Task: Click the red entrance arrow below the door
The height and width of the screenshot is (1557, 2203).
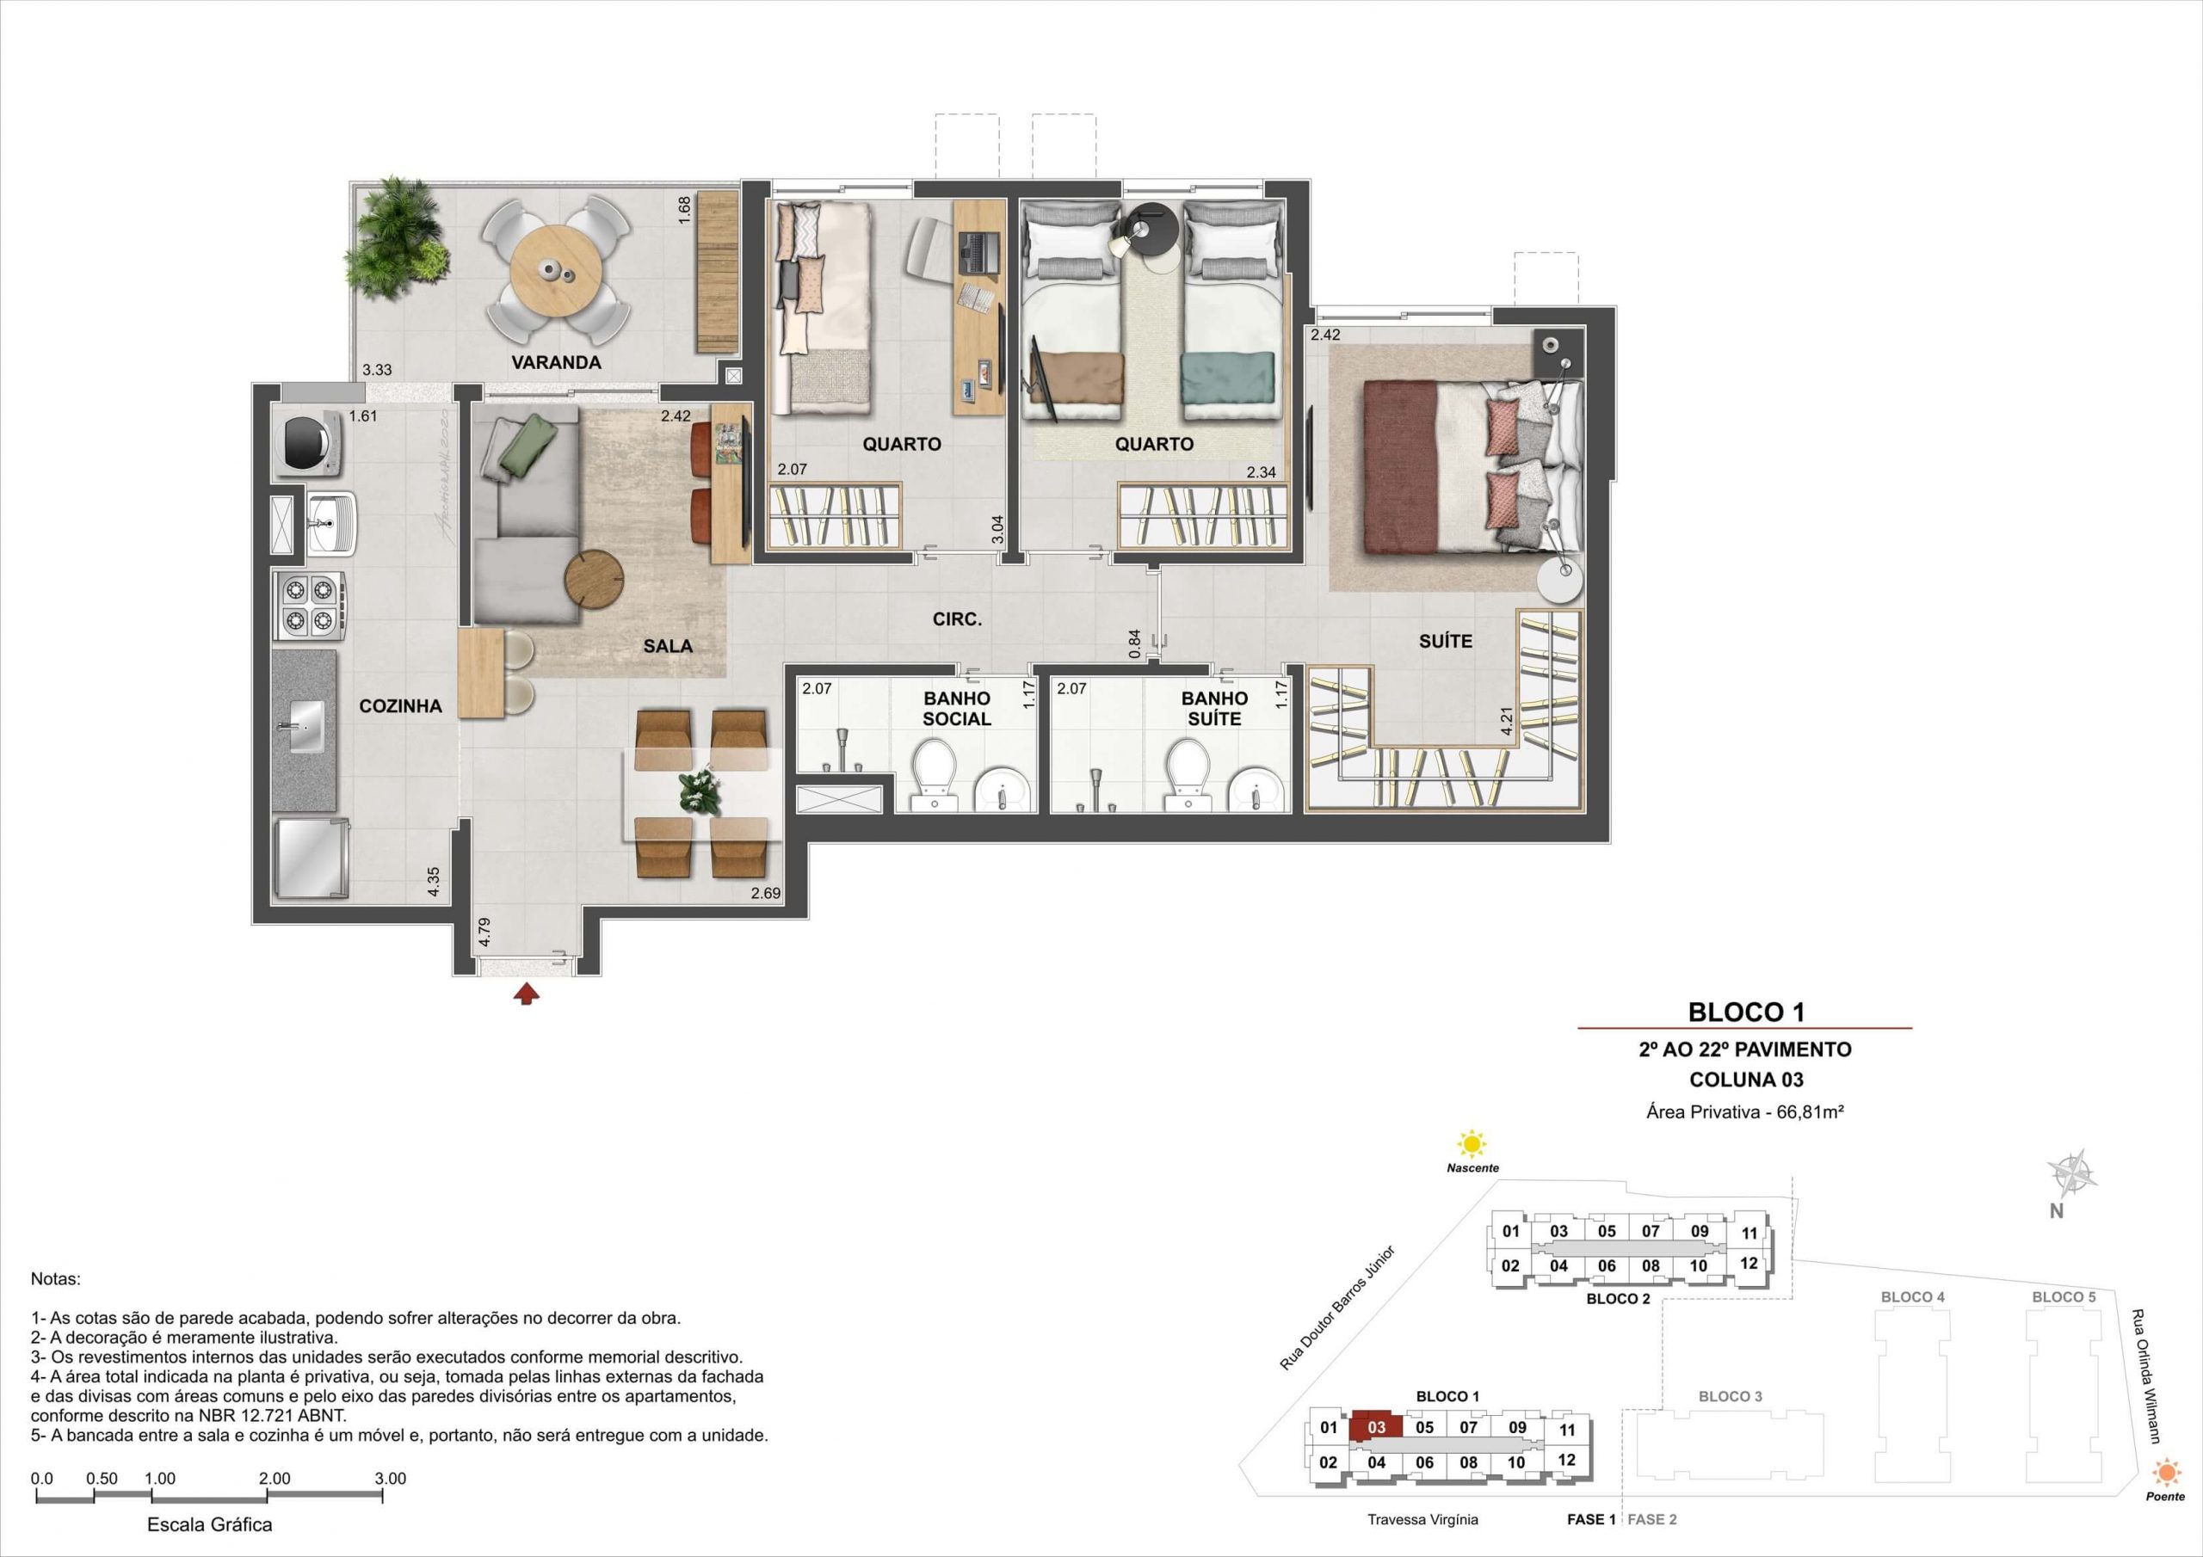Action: (526, 994)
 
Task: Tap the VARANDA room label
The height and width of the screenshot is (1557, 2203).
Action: (557, 363)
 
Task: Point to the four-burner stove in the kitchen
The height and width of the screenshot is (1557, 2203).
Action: (309, 606)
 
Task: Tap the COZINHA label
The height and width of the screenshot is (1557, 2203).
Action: (400, 706)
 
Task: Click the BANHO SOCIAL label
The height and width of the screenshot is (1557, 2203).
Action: (957, 709)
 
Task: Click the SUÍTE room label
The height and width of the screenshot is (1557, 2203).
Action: (1445, 642)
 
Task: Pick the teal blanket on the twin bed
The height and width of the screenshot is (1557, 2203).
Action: (1227, 377)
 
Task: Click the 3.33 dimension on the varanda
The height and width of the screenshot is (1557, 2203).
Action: (376, 369)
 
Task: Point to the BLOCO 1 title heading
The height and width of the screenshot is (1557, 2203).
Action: (1746, 1012)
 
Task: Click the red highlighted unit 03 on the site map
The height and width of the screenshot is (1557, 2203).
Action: (1376, 1425)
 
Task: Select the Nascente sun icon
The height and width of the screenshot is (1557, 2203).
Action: (1471, 1144)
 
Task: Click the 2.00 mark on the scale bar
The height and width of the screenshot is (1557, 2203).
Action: (275, 1479)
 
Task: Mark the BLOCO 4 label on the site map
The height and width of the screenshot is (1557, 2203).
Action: (1912, 1297)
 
